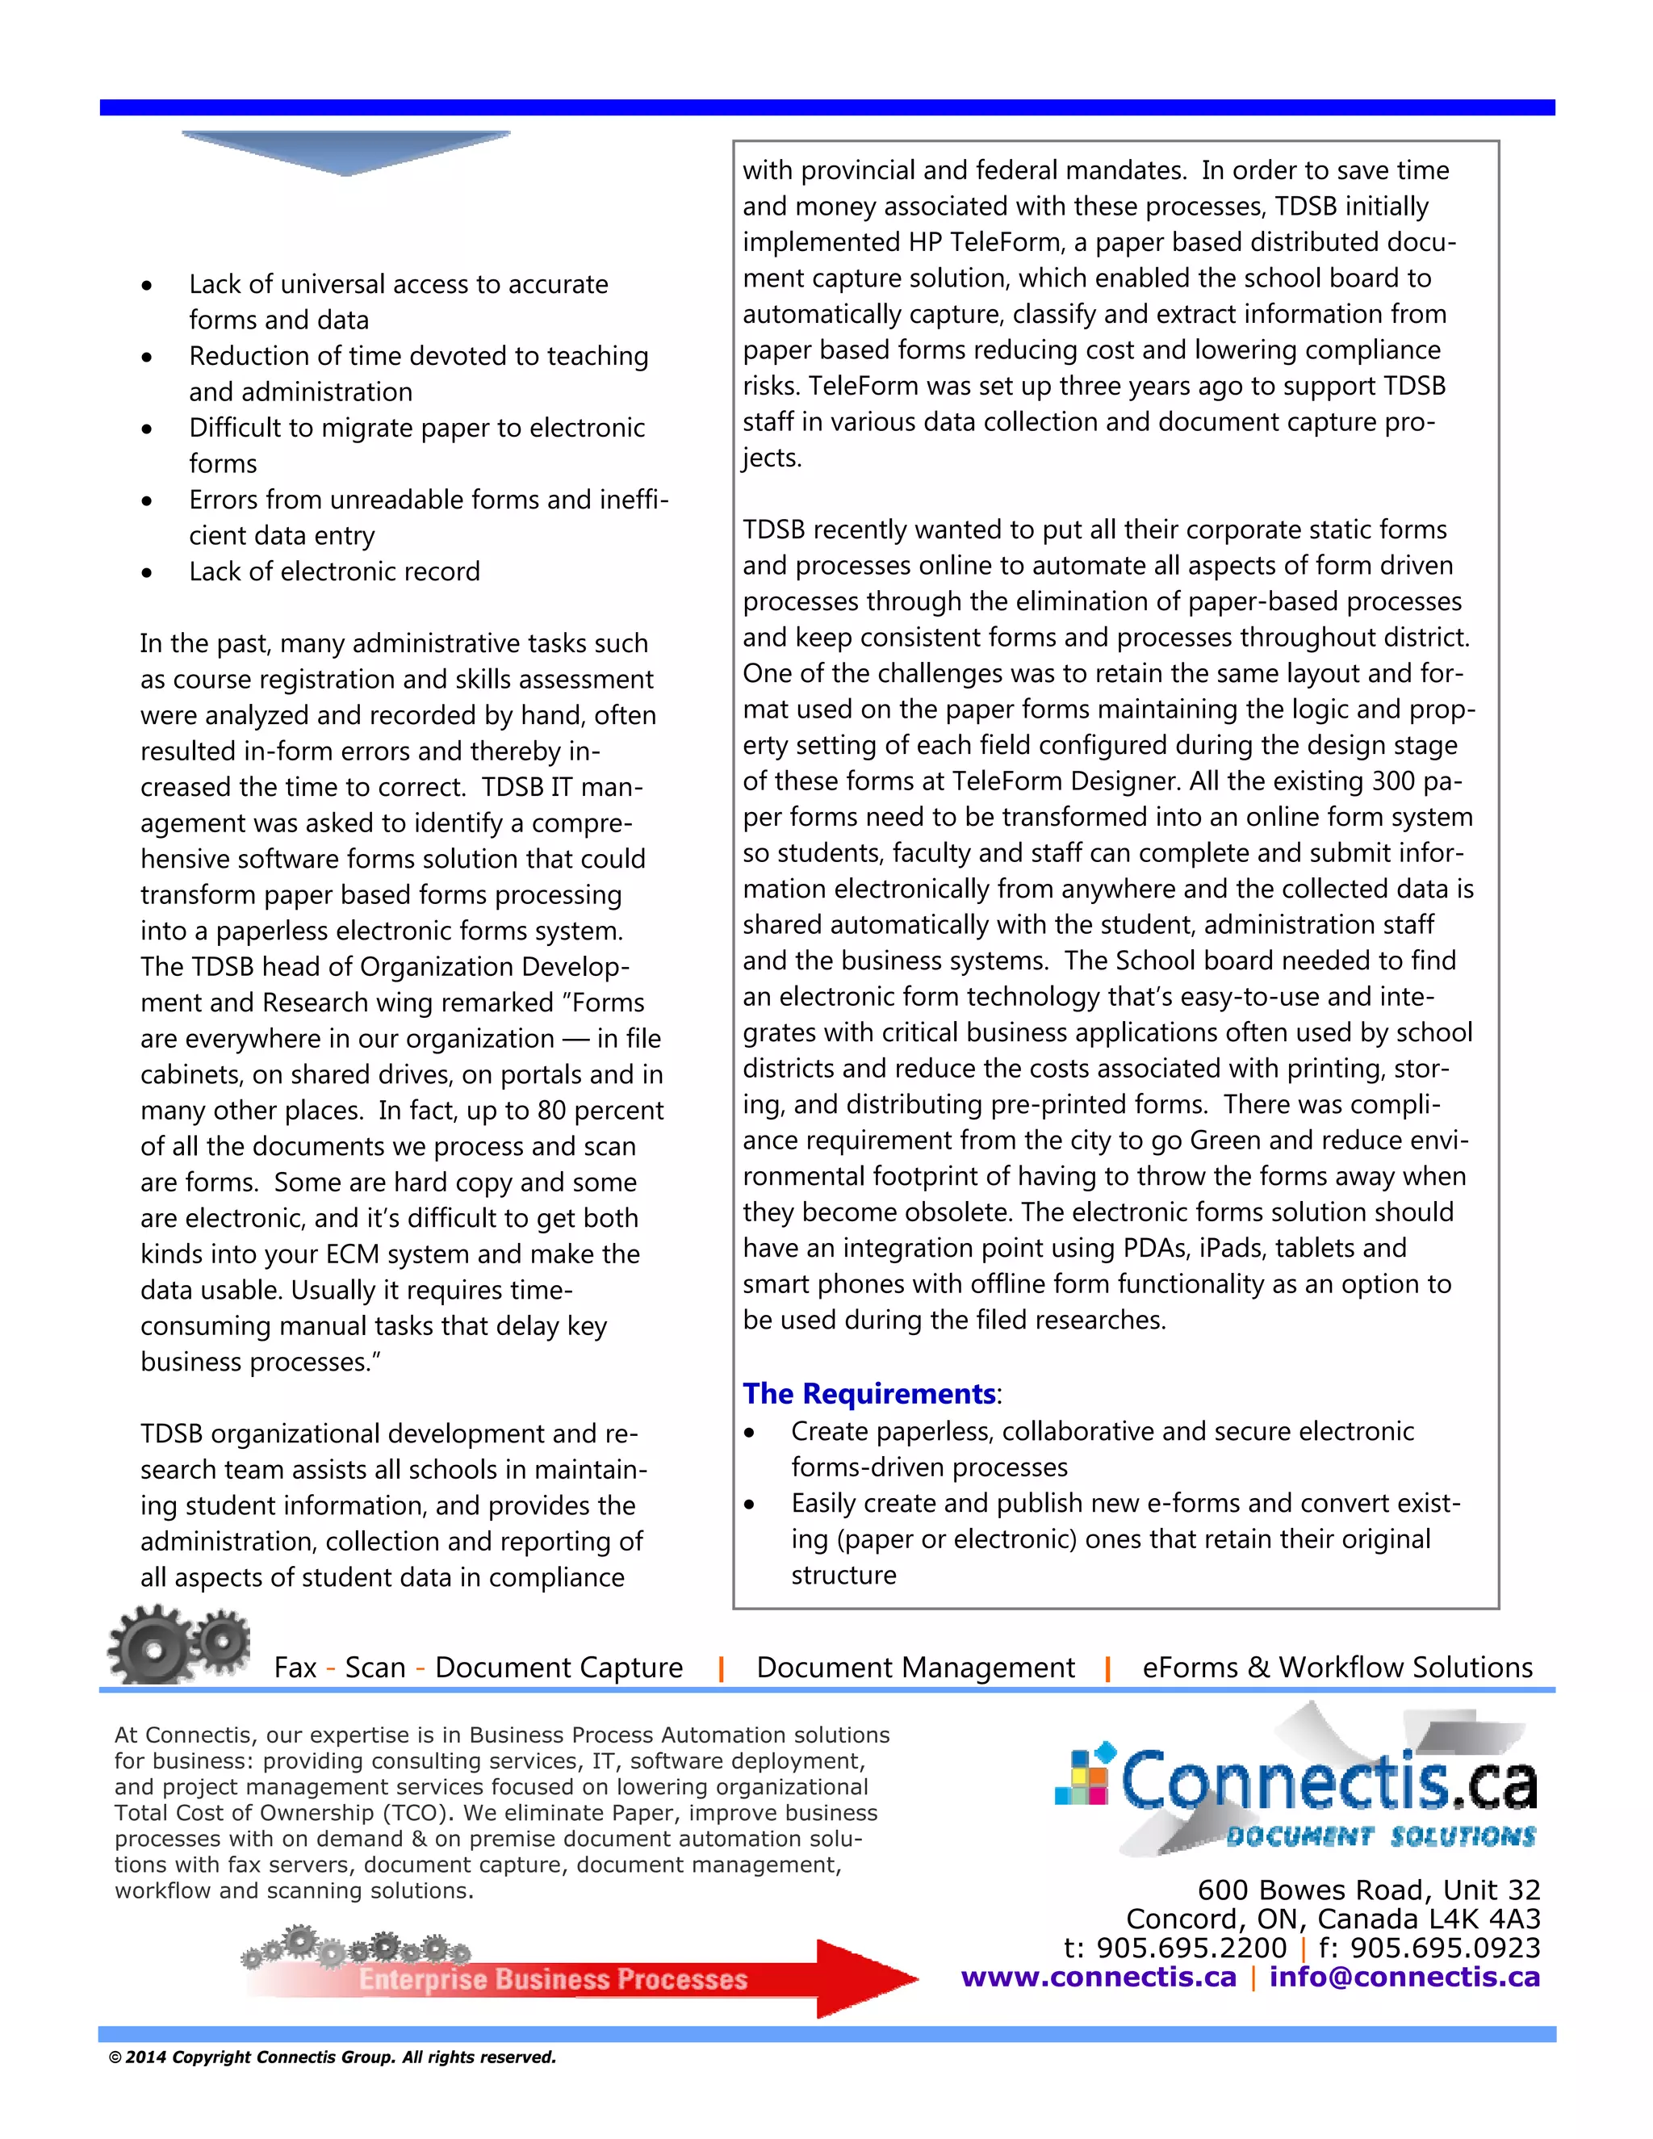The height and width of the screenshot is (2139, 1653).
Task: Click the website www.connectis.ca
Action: [x=1099, y=1977]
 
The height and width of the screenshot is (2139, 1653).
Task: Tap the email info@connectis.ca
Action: [x=1404, y=1977]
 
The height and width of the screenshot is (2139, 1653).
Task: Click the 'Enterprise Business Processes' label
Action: [x=552, y=1979]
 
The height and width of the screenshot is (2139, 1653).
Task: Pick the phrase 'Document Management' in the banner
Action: [x=914, y=1667]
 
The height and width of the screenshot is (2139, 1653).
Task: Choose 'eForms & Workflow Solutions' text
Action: [x=1337, y=1667]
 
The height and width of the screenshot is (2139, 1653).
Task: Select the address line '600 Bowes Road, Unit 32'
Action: [x=1368, y=1890]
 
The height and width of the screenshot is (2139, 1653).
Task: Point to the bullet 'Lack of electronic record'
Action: [x=334, y=571]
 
